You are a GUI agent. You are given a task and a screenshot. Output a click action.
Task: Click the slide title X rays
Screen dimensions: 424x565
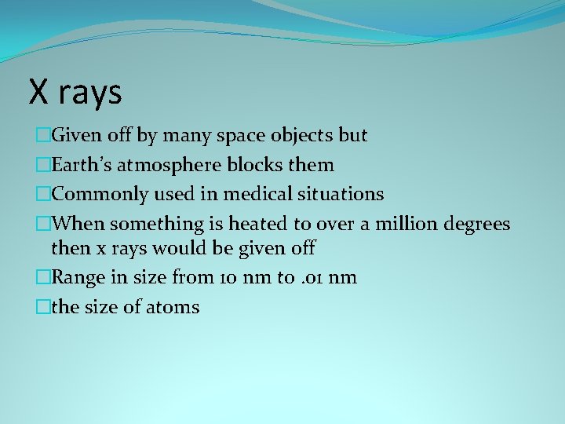click(x=75, y=91)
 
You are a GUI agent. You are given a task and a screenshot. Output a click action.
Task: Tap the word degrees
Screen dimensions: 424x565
click(x=477, y=224)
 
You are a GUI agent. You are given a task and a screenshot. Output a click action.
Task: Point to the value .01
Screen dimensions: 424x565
click(x=308, y=278)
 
